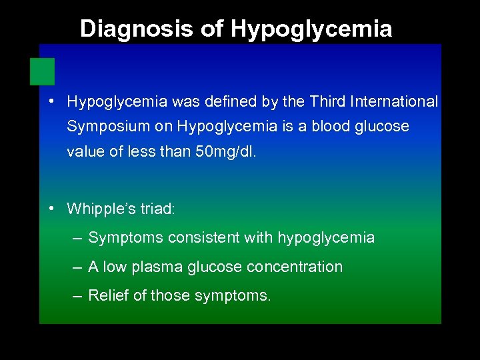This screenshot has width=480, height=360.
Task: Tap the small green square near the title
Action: click(x=42, y=71)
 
